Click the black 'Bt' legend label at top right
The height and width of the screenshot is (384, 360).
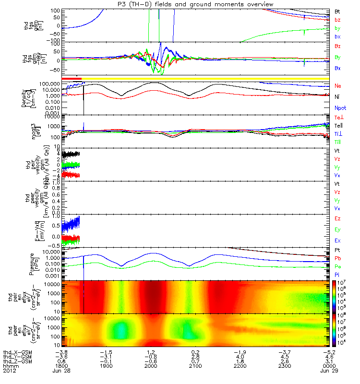point(337,11)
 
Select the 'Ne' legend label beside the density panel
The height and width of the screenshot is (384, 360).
point(337,85)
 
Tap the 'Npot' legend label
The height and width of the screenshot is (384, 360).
point(340,108)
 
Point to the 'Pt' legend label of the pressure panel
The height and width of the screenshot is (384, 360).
point(337,251)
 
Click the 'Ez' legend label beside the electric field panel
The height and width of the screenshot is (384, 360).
point(337,218)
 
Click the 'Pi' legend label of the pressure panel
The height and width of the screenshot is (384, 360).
point(337,274)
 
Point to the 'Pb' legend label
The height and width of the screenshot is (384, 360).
point(337,258)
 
